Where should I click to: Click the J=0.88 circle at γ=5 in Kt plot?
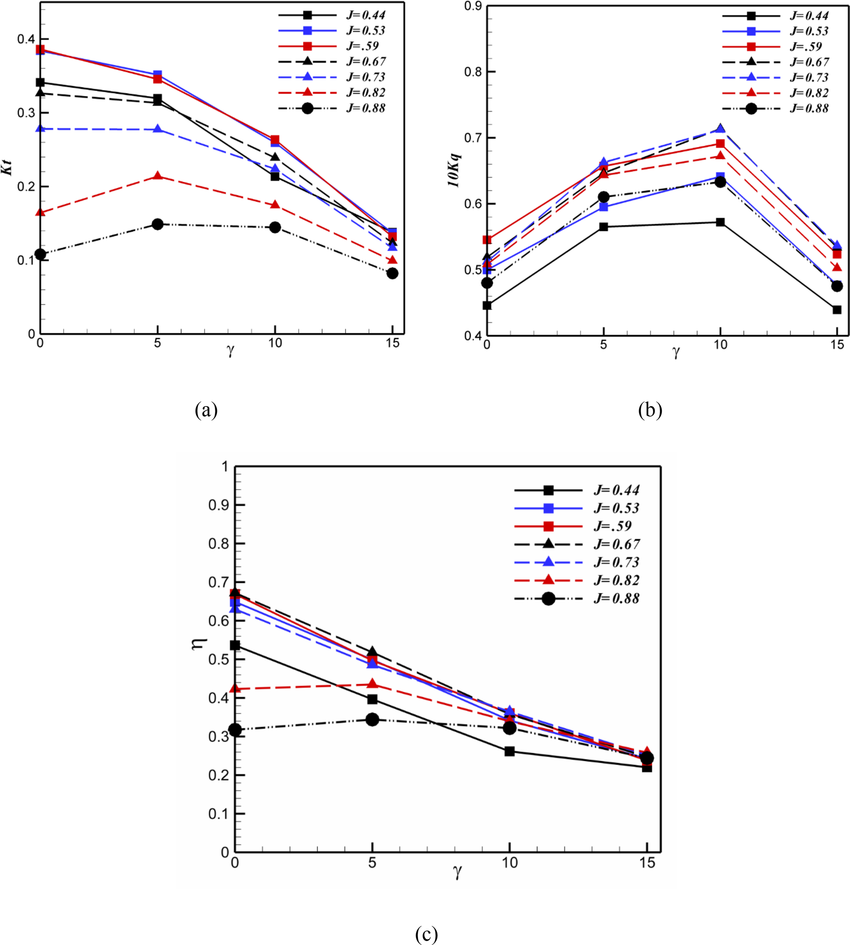point(157,224)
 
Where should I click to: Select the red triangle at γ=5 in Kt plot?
point(157,176)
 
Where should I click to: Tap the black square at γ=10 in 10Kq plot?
point(720,222)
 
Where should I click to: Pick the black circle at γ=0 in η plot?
point(235,730)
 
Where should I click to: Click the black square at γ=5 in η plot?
point(372,699)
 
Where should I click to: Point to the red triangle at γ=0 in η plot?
point(235,689)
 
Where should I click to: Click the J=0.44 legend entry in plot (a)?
point(366,15)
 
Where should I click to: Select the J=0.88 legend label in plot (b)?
point(809,108)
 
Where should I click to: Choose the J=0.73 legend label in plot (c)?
point(616,562)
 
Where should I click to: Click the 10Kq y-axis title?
point(454,170)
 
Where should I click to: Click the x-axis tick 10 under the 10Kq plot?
point(720,345)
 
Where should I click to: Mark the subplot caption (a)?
point(206,410)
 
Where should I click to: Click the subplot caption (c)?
point(426,934)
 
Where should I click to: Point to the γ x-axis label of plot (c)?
point(458,872)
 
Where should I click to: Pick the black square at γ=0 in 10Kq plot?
point(487,306)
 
